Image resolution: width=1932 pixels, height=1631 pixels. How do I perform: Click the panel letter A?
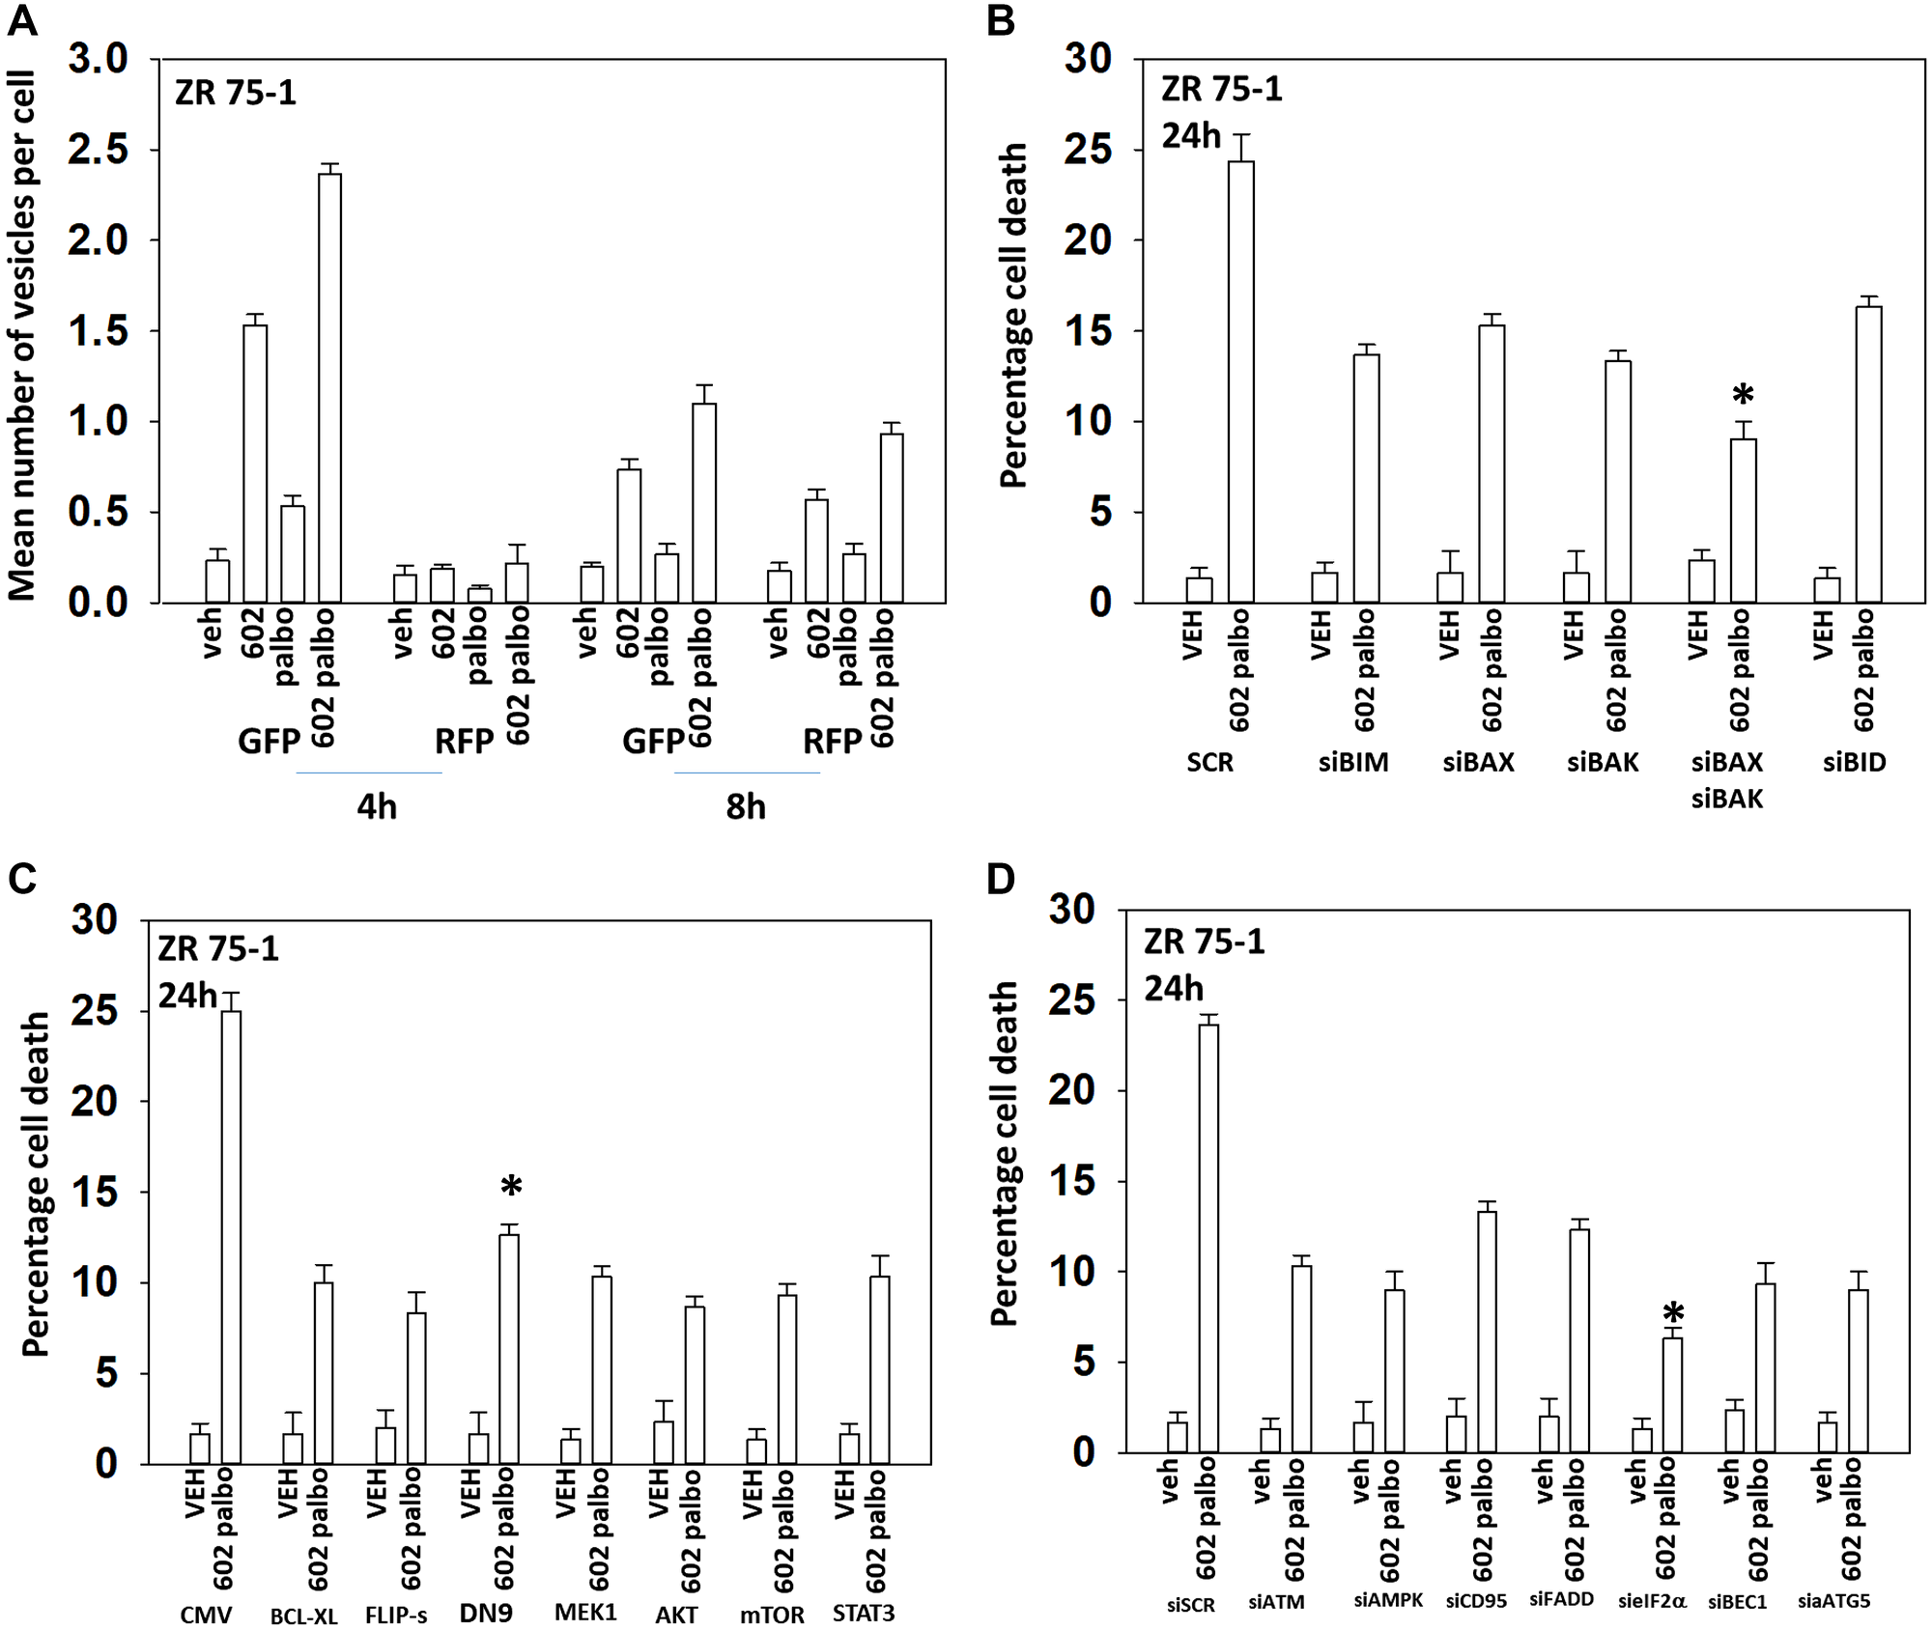[22, 20]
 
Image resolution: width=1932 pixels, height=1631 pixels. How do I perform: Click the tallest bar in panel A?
[329, 386]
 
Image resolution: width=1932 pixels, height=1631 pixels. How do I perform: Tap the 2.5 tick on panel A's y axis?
[98, 150]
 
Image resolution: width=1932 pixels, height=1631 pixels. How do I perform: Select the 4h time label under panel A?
[377, 806]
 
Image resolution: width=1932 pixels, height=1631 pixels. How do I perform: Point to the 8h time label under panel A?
[746, 806]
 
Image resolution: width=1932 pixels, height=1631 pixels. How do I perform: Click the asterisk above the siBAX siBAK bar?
[1743, 395]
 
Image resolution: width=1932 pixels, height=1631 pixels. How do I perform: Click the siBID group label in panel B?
[1854, 763]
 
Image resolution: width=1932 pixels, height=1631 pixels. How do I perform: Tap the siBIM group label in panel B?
[1353, 763]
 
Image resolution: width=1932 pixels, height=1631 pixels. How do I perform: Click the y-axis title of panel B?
[1013, 316]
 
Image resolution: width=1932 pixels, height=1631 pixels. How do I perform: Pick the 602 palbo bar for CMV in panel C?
[232, 1236]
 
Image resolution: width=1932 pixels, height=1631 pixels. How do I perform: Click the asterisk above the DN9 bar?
[511, 1187]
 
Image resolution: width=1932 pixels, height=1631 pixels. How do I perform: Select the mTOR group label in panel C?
[771, 1616]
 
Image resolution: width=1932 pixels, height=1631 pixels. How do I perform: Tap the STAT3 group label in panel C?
[864, 1614]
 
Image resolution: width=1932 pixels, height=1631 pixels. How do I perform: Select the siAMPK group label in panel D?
[1387, 1600]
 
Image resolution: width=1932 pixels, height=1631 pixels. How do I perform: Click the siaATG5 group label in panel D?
[1833, 1601]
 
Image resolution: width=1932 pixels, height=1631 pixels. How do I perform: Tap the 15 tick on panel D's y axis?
[1072, 1181]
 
